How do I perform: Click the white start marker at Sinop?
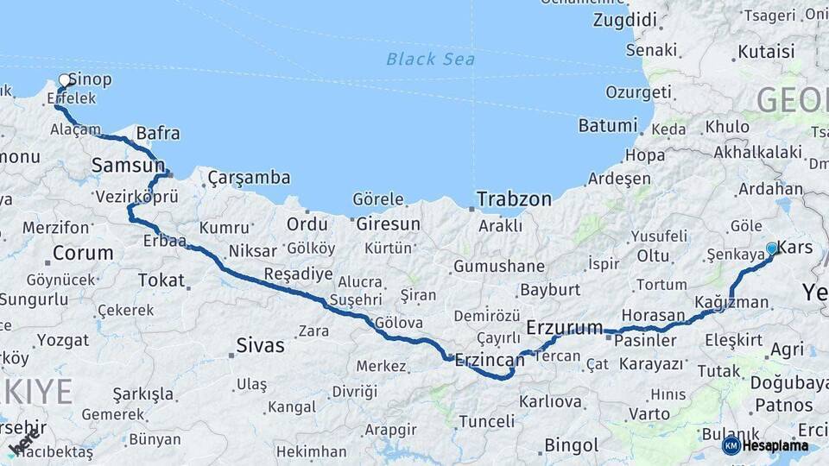click(x=64, y=80)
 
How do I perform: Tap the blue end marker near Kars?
click(x=771, y=249)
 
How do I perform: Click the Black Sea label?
click(x=418, y=59)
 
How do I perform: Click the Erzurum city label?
click(x=564, y=327)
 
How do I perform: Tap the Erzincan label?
click(x=489, y=359)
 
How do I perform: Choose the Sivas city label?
click(x=260, y=346)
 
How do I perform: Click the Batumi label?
click(x=607, y=125)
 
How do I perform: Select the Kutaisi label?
click(x=765, y=52)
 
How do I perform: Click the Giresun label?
click(x=388, y=224)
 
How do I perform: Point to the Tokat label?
click(x=161, y=280)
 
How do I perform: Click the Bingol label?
click(x=571, y=445)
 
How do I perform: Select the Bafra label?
click(x=158, y=133)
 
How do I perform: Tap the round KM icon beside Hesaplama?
click(x=731, y=446)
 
